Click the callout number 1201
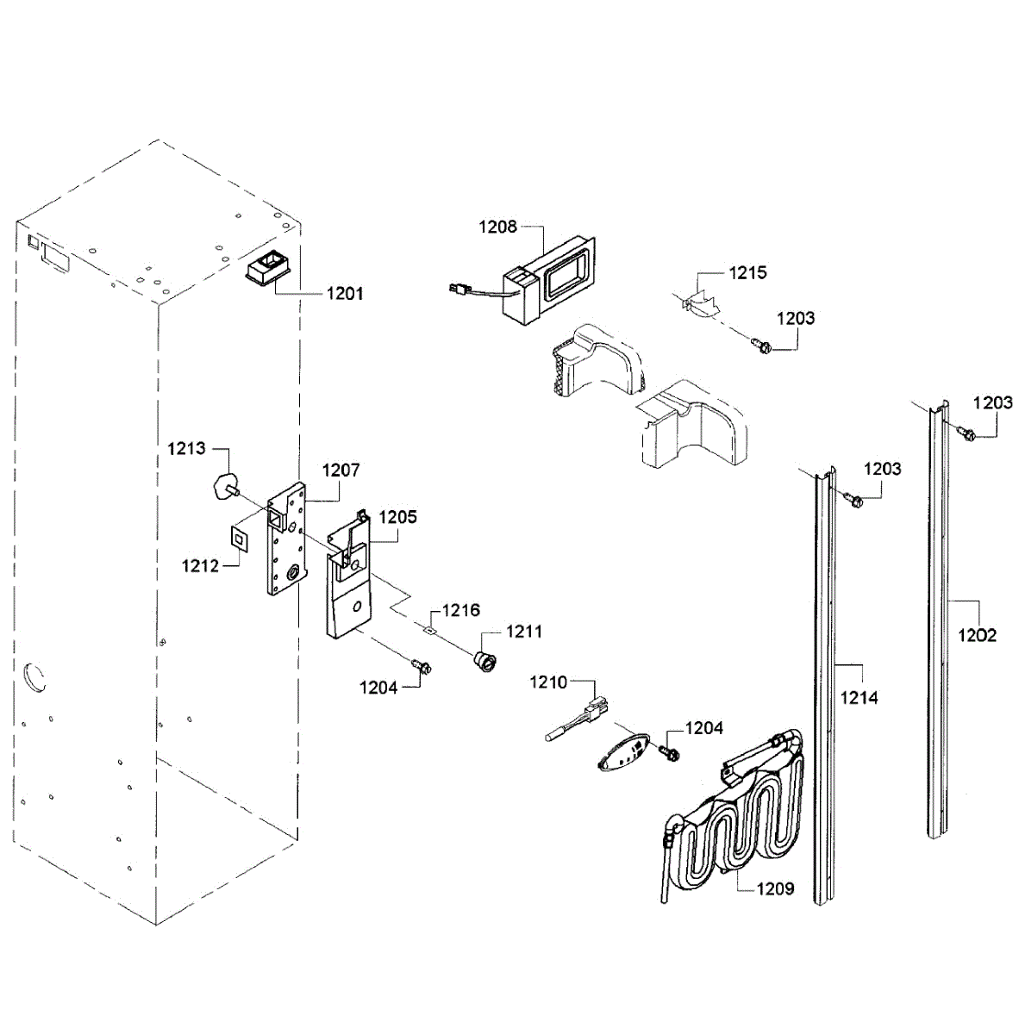coord(345,294)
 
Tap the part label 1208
coord(497,227)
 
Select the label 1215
coord(747,273)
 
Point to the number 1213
coord(186,448)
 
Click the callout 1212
coord(200,566)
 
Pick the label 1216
coord(461,611)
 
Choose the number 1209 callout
coord(775,888)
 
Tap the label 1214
coord(859,698)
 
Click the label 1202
coord(978,635)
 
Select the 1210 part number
coord(548,682)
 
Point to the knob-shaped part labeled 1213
coord(222,486)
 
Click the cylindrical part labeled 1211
coord(484,660)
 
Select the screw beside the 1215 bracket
coord(762,346)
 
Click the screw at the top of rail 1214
coord(853,498)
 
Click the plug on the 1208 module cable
coord(456,291)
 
